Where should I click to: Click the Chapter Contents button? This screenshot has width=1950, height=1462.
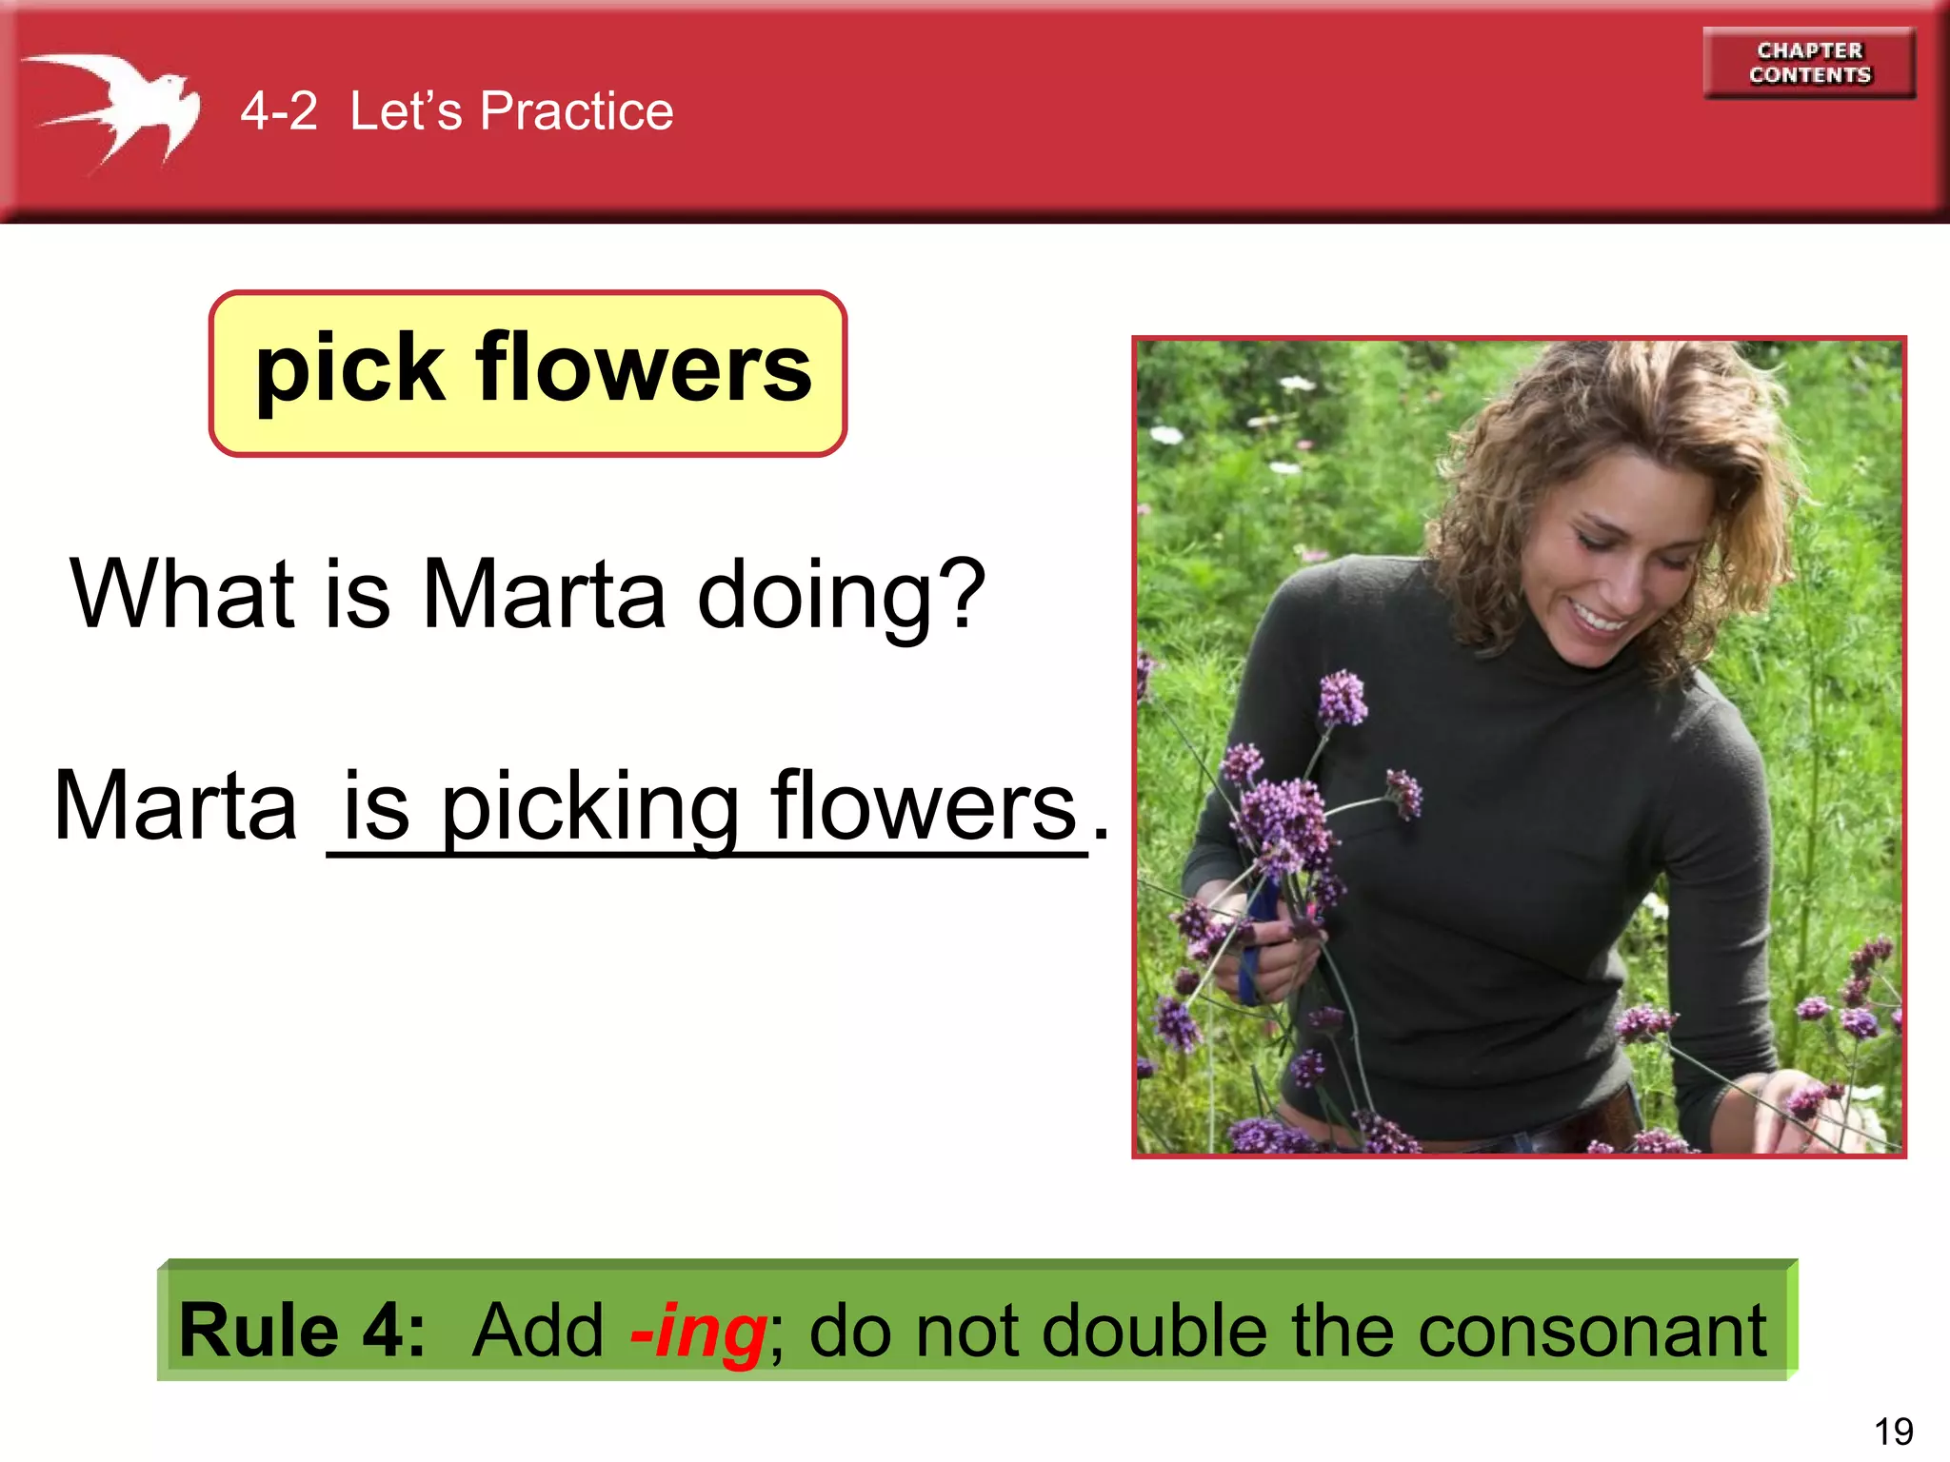click(x=1809, y=63)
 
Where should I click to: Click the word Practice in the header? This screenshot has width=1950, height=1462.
click(x=576, y=111)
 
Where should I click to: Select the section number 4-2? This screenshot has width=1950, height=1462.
click(x=278, y=111)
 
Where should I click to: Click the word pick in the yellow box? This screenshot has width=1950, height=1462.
click(x=348, y=369)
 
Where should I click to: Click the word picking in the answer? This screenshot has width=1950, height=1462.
click(x=590, y=807)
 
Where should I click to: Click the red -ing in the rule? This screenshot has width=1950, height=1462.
click(x=699, y=1331)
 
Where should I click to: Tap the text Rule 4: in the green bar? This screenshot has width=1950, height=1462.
click(x=301, y=1330)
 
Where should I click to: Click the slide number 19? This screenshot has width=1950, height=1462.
click(x=1893, y=1432)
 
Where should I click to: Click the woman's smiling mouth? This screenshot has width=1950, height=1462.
click(x=1600, y=619)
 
